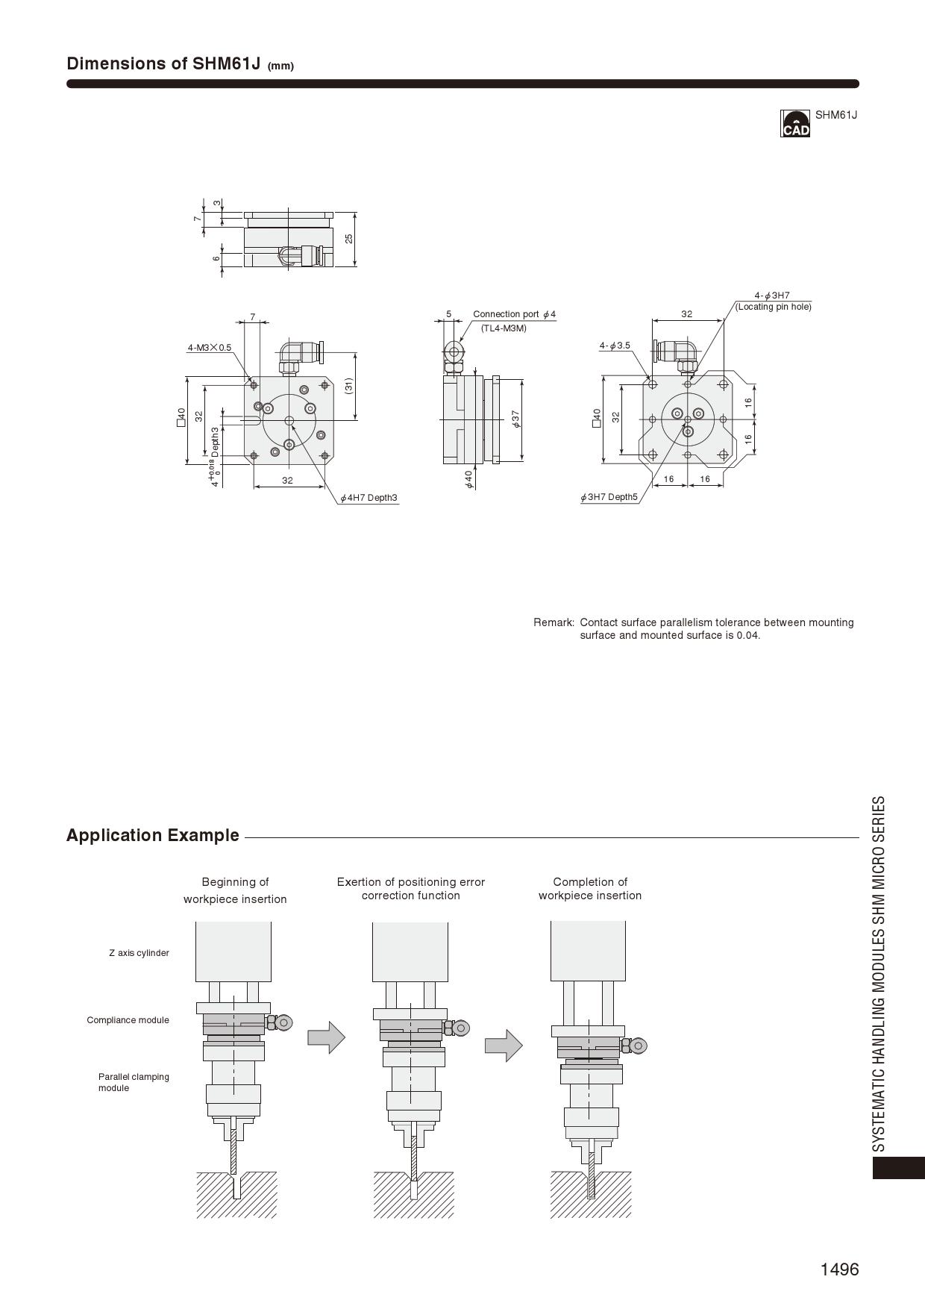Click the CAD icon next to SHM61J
coord(795,123)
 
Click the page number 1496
coord(839,1269)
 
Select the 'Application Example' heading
coord(153,835)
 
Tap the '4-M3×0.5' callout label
coord(209,348)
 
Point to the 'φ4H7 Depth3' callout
coord(369,498)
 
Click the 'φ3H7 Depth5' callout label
coord(609,497)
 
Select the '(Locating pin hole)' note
coord(773,307)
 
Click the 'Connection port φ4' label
coord(514,314)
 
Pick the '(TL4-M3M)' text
coord(504,328)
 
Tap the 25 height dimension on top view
coord(348,239)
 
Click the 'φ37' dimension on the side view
coord(515,419)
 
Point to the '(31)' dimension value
coord(348,386)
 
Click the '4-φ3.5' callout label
coord(615,346)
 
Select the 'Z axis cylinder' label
coord(139,953)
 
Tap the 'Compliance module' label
coord(128,1020)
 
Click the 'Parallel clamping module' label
coord(134,1082)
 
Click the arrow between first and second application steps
coord(326,1037)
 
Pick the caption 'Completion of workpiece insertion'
coord(590,889)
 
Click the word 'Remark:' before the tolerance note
coord(554,622)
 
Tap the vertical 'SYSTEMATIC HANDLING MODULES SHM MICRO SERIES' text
coord(879,973)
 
